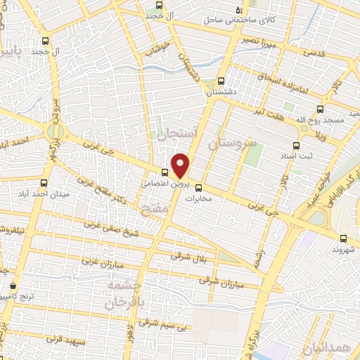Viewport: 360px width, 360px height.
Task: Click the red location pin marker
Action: (181, 165)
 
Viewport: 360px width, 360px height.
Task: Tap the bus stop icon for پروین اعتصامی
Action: (165, 172)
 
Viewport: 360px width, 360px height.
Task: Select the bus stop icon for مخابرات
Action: (198, 188)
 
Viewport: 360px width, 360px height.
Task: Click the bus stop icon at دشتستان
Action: (221, 81)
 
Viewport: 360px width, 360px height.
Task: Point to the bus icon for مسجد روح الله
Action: (321, 109)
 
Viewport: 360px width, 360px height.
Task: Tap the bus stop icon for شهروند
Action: (342, 239)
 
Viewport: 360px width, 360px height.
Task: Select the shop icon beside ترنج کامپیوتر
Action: (14, 286)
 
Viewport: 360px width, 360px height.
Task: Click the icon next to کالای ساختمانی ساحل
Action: (239, 10)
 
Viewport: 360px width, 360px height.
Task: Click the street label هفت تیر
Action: (270, 112)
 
